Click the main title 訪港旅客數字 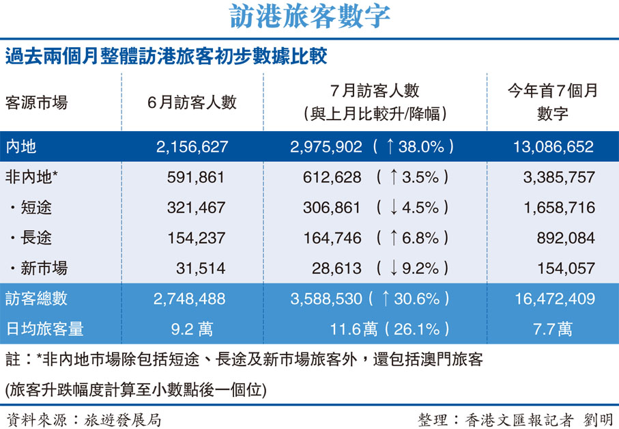309,16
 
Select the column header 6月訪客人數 192,102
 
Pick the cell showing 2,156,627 192,146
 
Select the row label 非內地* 31,177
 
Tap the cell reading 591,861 196,177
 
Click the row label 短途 35,208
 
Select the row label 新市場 42,268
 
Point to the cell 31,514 201,268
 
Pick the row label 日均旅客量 44,329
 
